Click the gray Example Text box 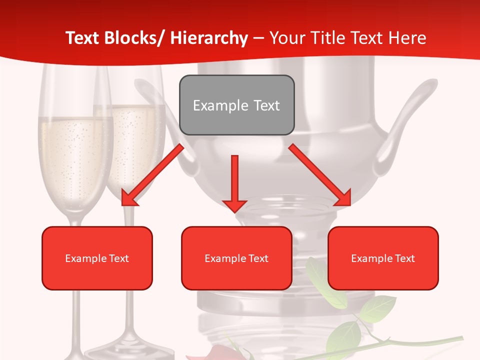tap(236, 105)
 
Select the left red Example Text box tap(97, 258)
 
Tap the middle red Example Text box tap(236, 258)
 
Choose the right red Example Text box tap(383, 258)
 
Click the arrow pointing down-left tap(152, 174)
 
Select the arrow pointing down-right tap(320, 174)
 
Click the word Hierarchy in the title tap(209, 38)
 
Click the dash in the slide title tap(258, 38)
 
